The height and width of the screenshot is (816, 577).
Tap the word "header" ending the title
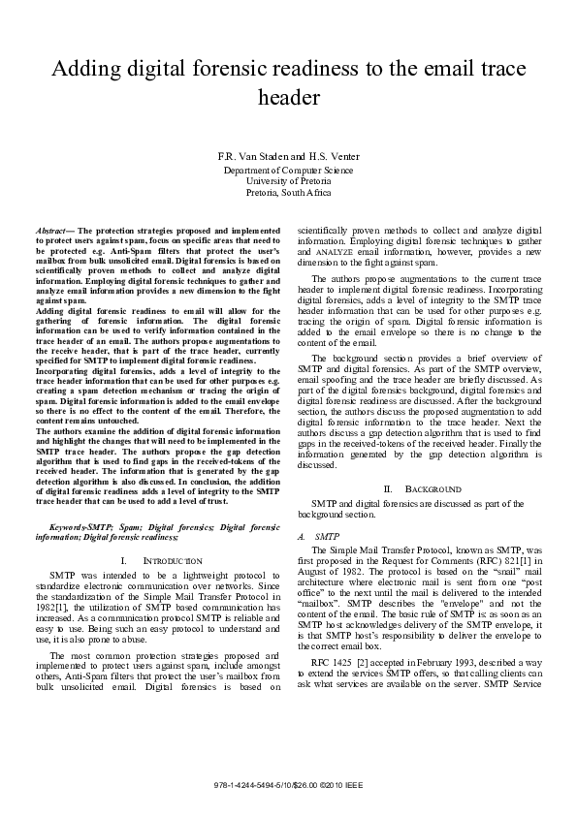pyautogui.click(x=288, y=98)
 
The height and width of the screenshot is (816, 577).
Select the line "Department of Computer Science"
pyautogui.click(x=288, y=170)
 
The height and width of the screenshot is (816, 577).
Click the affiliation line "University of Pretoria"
pyautogui.click(x=288, y=181)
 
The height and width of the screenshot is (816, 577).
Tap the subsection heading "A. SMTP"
pyautogui.click(x=319, y=536)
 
